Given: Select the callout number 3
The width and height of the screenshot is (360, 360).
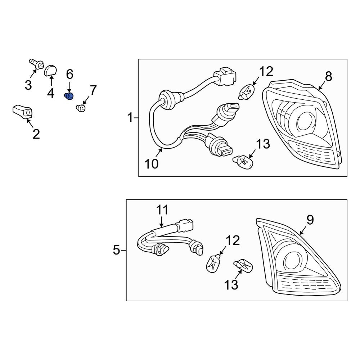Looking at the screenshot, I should (28, 85).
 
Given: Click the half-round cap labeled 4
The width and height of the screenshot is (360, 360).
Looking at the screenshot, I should (50, 70).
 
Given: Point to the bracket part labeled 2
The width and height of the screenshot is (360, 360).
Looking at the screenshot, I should (23, 112).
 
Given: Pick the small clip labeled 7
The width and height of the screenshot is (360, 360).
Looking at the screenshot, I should (81, 107).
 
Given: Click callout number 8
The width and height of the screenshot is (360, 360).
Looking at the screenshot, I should (328, 76).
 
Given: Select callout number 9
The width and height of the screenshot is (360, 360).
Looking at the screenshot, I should (310, 220).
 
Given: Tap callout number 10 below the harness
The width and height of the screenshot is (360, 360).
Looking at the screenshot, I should (152, 164).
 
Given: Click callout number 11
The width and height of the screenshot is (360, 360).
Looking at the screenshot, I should (162, 210).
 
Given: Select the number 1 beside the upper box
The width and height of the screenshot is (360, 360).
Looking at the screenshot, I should (130, 117).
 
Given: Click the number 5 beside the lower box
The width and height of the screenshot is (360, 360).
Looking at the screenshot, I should (116, 250).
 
